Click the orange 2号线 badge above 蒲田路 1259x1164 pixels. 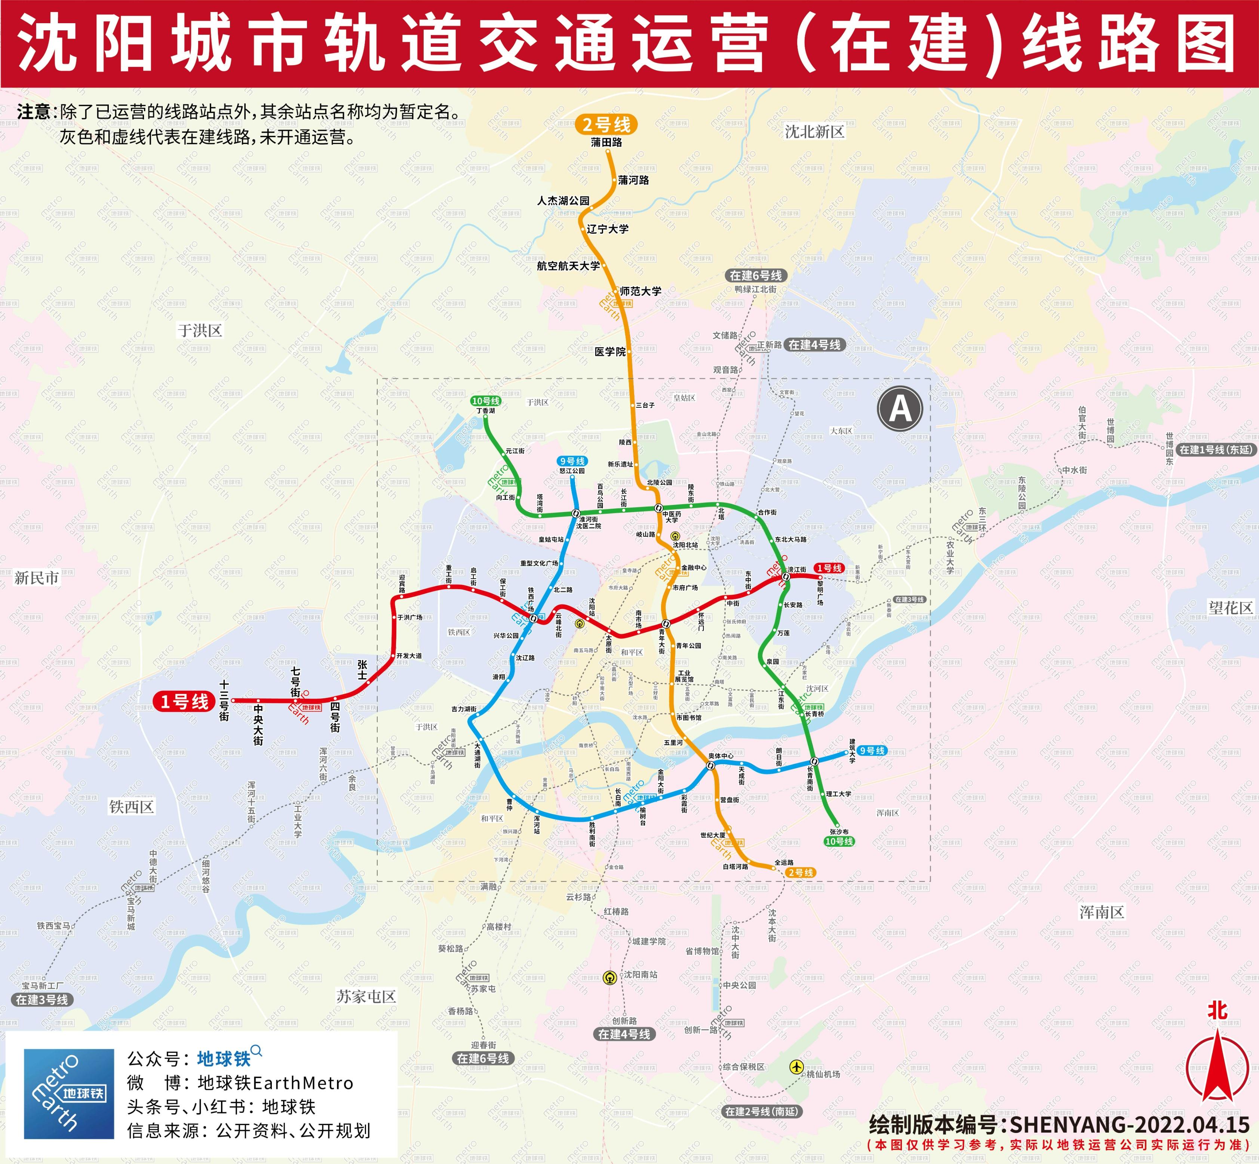coord(606,124)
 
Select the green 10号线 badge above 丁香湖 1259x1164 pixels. coord(486,401)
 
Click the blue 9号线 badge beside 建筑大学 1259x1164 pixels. coord(872,750)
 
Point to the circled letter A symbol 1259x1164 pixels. coord(900,409)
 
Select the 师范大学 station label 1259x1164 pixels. coord(641,291)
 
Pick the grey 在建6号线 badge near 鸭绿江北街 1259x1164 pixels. coord(756,275)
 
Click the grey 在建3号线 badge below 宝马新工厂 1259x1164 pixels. coord(42,999)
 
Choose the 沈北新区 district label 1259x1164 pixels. coord(814,132)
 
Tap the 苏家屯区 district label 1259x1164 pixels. coord(366,996)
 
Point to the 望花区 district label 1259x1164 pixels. coord(1231,607)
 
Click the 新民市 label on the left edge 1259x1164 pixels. coord(37,578)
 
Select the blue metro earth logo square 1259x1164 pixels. coord(69,1093)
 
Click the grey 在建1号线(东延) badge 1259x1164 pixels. coord(1216,449)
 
